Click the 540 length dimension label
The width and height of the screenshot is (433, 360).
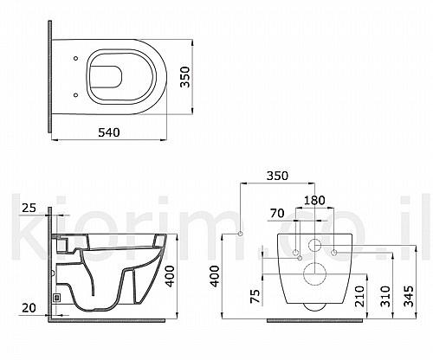tap(109, 132)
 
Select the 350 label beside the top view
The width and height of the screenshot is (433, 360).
tap(185, 77)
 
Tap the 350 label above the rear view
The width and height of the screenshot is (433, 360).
tap(277, 176)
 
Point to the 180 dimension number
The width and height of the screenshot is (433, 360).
tap(314, 200)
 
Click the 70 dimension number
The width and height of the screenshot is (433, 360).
tap(277, 214)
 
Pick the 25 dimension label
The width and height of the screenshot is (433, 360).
tap(29, 208)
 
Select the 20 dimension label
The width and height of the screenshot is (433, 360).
tap(29, 308)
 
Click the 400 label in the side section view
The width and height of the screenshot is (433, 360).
tap(171, 276)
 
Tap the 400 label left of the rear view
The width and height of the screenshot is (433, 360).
tap(215, 276)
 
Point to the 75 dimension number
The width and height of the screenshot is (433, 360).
tap(255, 296)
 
